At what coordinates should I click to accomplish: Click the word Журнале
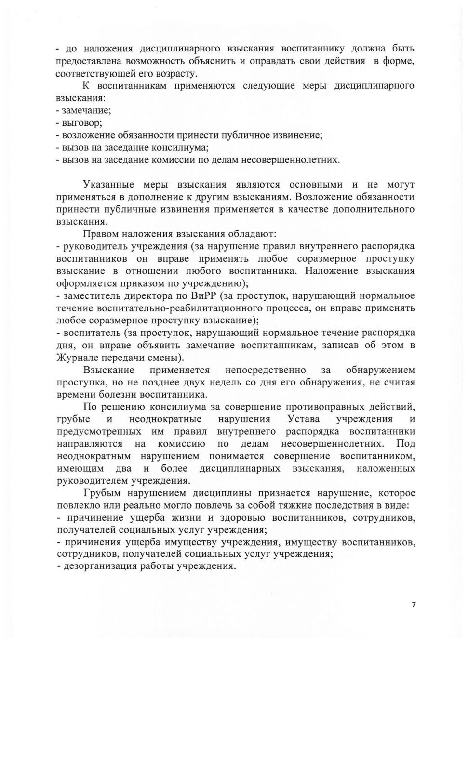coord(77,358)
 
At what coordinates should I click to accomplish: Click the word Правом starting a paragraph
coord(100,234)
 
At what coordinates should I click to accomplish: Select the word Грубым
coord(102,493)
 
